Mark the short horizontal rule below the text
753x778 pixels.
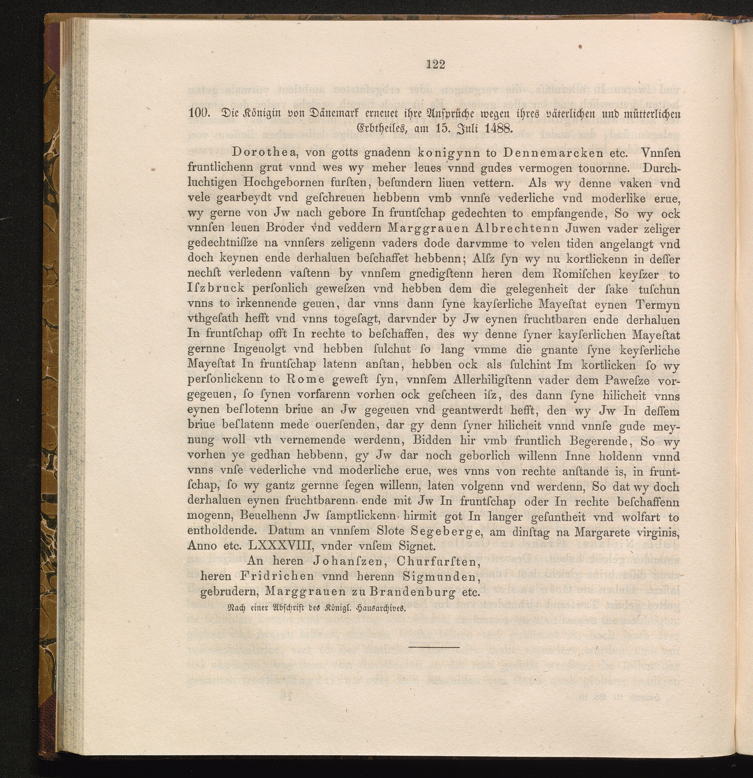point(433,647)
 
